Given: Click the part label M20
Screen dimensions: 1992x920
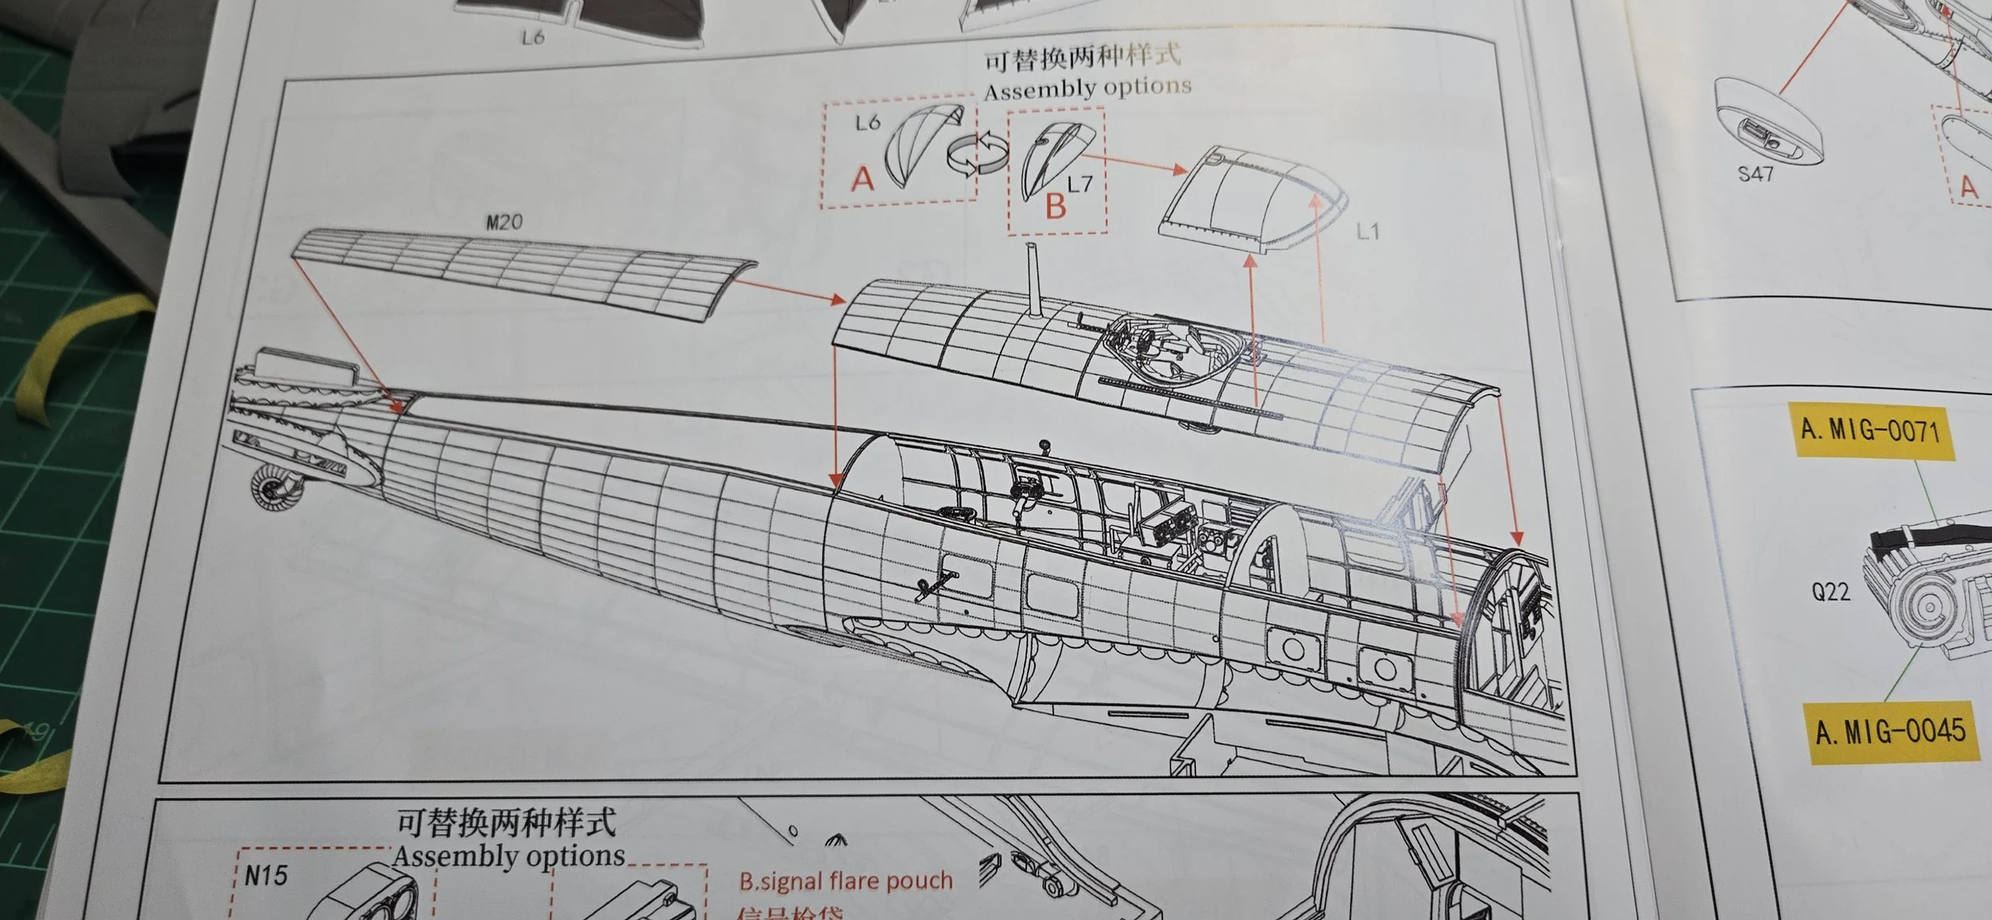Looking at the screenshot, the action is click(x=504, y=221).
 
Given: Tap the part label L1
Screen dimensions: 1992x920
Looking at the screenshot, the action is click(x=1367, y=232).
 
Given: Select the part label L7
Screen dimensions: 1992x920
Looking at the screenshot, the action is click(x=1080, y=184).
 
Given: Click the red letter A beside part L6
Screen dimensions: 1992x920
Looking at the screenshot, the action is click(x=862, y=179).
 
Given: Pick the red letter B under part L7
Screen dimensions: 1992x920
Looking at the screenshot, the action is click(x=1055, y=206).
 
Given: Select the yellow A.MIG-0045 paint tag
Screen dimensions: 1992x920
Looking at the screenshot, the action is click(x=1890, y=731).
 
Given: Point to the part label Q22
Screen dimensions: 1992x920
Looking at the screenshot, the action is click(x=1830, y=592).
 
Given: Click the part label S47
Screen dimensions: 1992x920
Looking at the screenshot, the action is click(x=1755, y=173).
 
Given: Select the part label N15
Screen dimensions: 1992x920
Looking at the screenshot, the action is click(x=265, y=876).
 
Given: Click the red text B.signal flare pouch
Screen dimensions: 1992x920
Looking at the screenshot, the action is click(x=845, y=880).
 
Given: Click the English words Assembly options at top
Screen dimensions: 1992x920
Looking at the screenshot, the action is click(x=1088, y=88).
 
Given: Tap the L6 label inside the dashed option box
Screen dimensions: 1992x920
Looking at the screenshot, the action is click(x=868, y=123).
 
